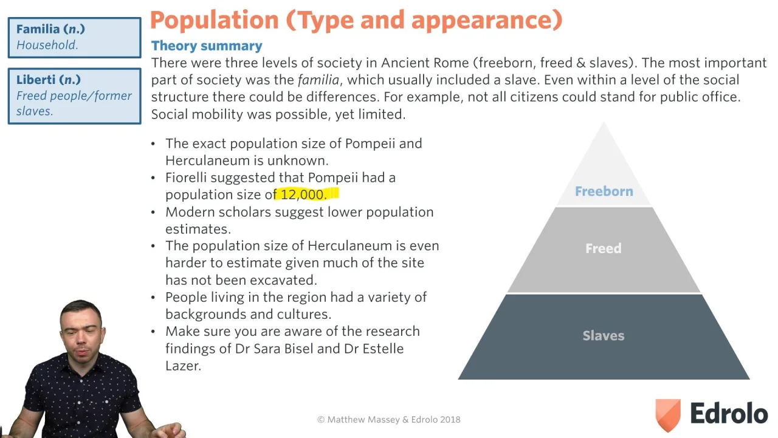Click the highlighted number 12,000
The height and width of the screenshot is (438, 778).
pyautogui.click(x=303, y=195)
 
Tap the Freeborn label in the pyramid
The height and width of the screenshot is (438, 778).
pyautogui.click(x=604, y=191)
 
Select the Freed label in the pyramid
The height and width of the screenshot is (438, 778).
pyautogui.click(x=604, y=248)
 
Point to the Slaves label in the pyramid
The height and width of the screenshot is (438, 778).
pyautogui.click(x=604, y=335)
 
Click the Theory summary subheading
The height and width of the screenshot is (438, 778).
pyautogui.click(x=207, y=46)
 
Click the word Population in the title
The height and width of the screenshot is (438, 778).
pyautogui.click(x=215, y=20)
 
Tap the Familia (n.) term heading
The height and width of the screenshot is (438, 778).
pyautogui.click(x=50, y=29)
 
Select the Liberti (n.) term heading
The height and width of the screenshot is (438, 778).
pyautogui.click(x=49, y=80)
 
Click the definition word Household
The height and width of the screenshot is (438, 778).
pyautogui.click(x=47, y=45)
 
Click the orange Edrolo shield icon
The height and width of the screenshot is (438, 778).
pyautogui.click(x=668, y=415)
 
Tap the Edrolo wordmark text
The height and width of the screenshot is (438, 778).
pyautogui.click(x=729, y=413)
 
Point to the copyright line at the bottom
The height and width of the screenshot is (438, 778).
pyautogui.click(x=389, y=420)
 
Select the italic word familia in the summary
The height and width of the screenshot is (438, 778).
pyautogui.click(x=318, y=80)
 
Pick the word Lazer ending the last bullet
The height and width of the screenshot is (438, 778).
pyautogui.click(x=183, y=366)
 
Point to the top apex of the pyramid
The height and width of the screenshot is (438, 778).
pyautogui.click(x=604, y=122)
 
